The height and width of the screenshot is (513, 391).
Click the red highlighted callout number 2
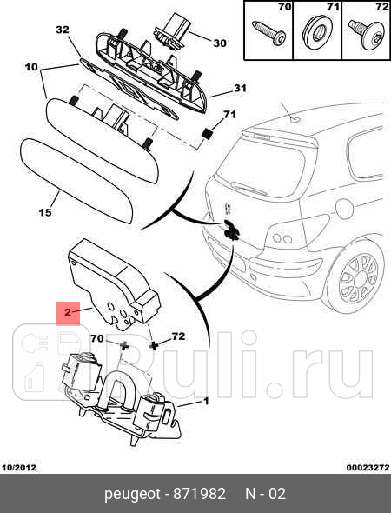tap(68, 312)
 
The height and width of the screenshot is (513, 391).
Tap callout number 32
tap(63, 30)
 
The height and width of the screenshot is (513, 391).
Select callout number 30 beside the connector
tap(220, 43)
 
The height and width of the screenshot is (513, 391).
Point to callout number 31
tap(240, 89)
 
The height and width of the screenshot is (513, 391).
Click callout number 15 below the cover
tap(45, 213)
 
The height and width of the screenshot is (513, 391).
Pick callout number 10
tap(31, 67)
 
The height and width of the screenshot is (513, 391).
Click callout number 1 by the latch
tap(206, 401)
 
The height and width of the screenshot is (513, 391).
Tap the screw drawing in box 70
tap(268, 33)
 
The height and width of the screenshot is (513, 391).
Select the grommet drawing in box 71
tap(317, 33)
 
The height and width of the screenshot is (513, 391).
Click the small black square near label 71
tap(207, 134)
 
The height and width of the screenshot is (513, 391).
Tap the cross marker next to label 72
tap(153, 345)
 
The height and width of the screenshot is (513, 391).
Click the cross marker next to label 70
tap(124, 345)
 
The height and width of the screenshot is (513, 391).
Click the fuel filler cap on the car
tap(345, 209)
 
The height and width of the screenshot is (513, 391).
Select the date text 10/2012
tap(19, 468)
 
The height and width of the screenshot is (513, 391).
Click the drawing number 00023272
tap(368, 468)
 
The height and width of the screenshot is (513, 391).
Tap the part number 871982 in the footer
tap(199, 494)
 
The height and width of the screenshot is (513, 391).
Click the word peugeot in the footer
tap(132, 495)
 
